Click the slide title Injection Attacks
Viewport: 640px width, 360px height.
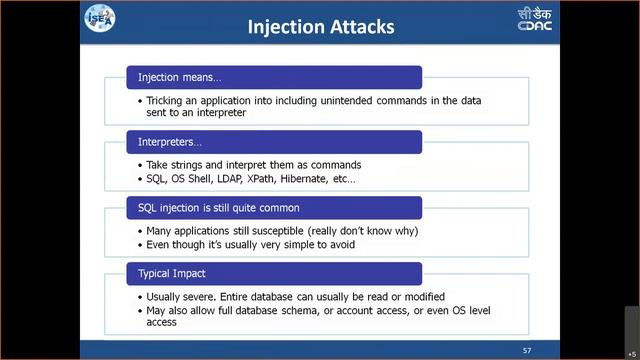(x=320, y=27)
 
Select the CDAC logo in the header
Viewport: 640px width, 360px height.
(x=534, y=19)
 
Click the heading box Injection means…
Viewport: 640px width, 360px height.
(x=273, y=77)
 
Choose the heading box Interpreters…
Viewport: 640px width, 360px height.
(x=273, y=142)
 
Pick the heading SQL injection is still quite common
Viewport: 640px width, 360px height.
(x=273, y=208)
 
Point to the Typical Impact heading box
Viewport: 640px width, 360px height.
(x=273, y=273)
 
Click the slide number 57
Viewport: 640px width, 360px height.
(x=527, y=351)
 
